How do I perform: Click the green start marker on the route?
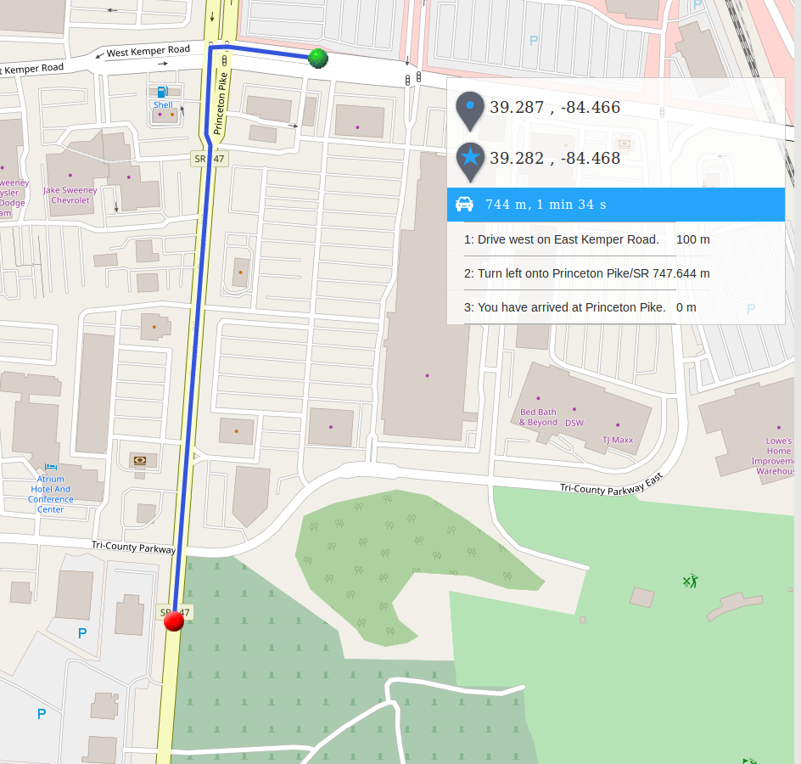pos(318,58)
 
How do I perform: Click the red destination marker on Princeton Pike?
pos(174,621)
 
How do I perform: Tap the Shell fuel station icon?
pos(163,91)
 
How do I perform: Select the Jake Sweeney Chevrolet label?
pos(70,195)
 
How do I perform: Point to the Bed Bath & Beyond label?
pos(538,417)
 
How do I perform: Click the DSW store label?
pos(574,423)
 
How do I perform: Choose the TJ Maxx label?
pos(618,440)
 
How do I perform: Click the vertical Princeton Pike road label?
pos(221,104)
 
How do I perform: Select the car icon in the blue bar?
pos(464,204)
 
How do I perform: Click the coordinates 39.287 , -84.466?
pos(555,108)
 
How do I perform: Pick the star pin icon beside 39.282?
pos(470,159)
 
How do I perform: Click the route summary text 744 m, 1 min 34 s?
pos(546,205)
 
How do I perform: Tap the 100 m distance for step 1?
pos(692,239)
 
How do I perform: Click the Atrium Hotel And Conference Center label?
pos(51,494)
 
